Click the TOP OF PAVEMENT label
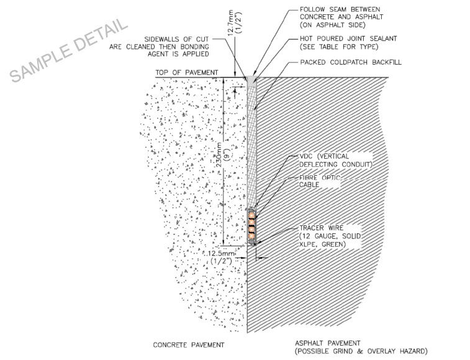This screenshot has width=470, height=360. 187,73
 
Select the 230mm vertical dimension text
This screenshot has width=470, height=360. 227,159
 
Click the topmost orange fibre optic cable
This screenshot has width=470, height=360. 252,218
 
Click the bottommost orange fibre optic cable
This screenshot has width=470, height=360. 252,235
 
